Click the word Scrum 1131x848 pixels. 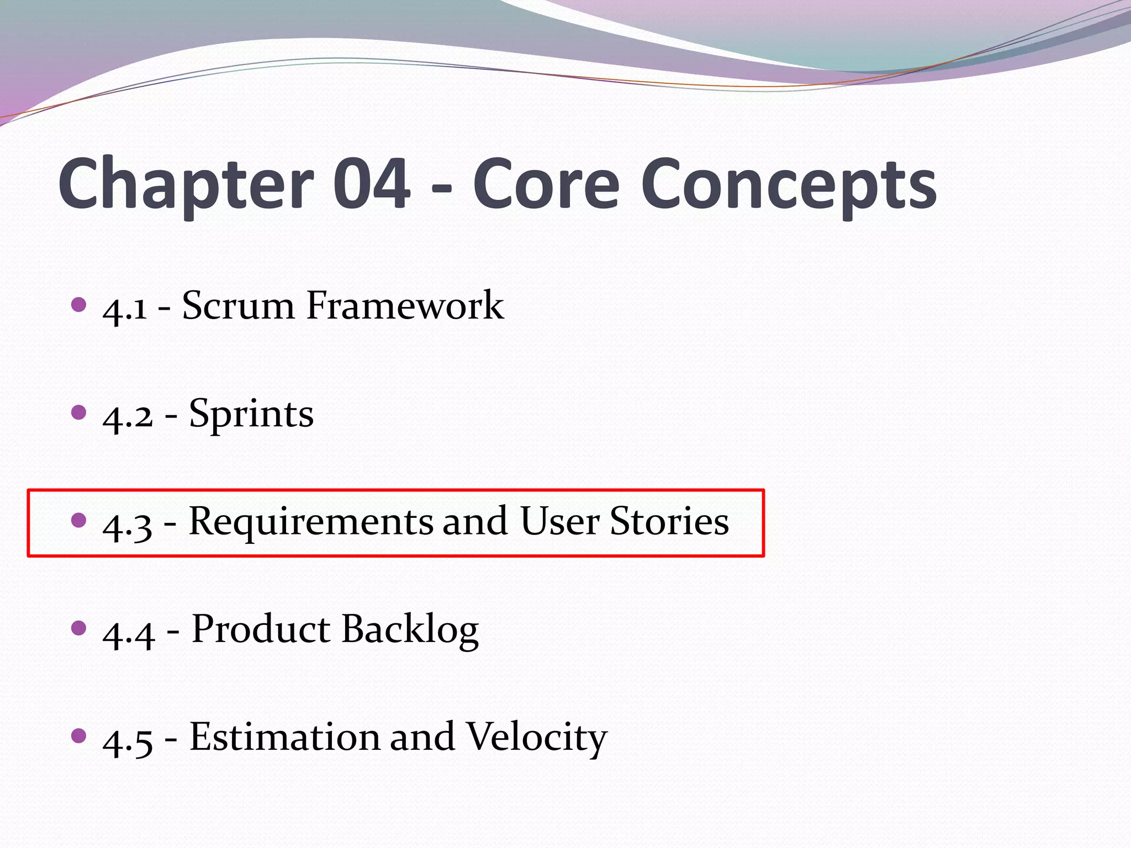pos(238,305)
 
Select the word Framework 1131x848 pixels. pos(405,305)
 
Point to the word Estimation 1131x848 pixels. pos(285,737)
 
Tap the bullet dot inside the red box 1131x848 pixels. pos(80,520)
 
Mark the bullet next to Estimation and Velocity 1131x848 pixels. pos(80,735)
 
